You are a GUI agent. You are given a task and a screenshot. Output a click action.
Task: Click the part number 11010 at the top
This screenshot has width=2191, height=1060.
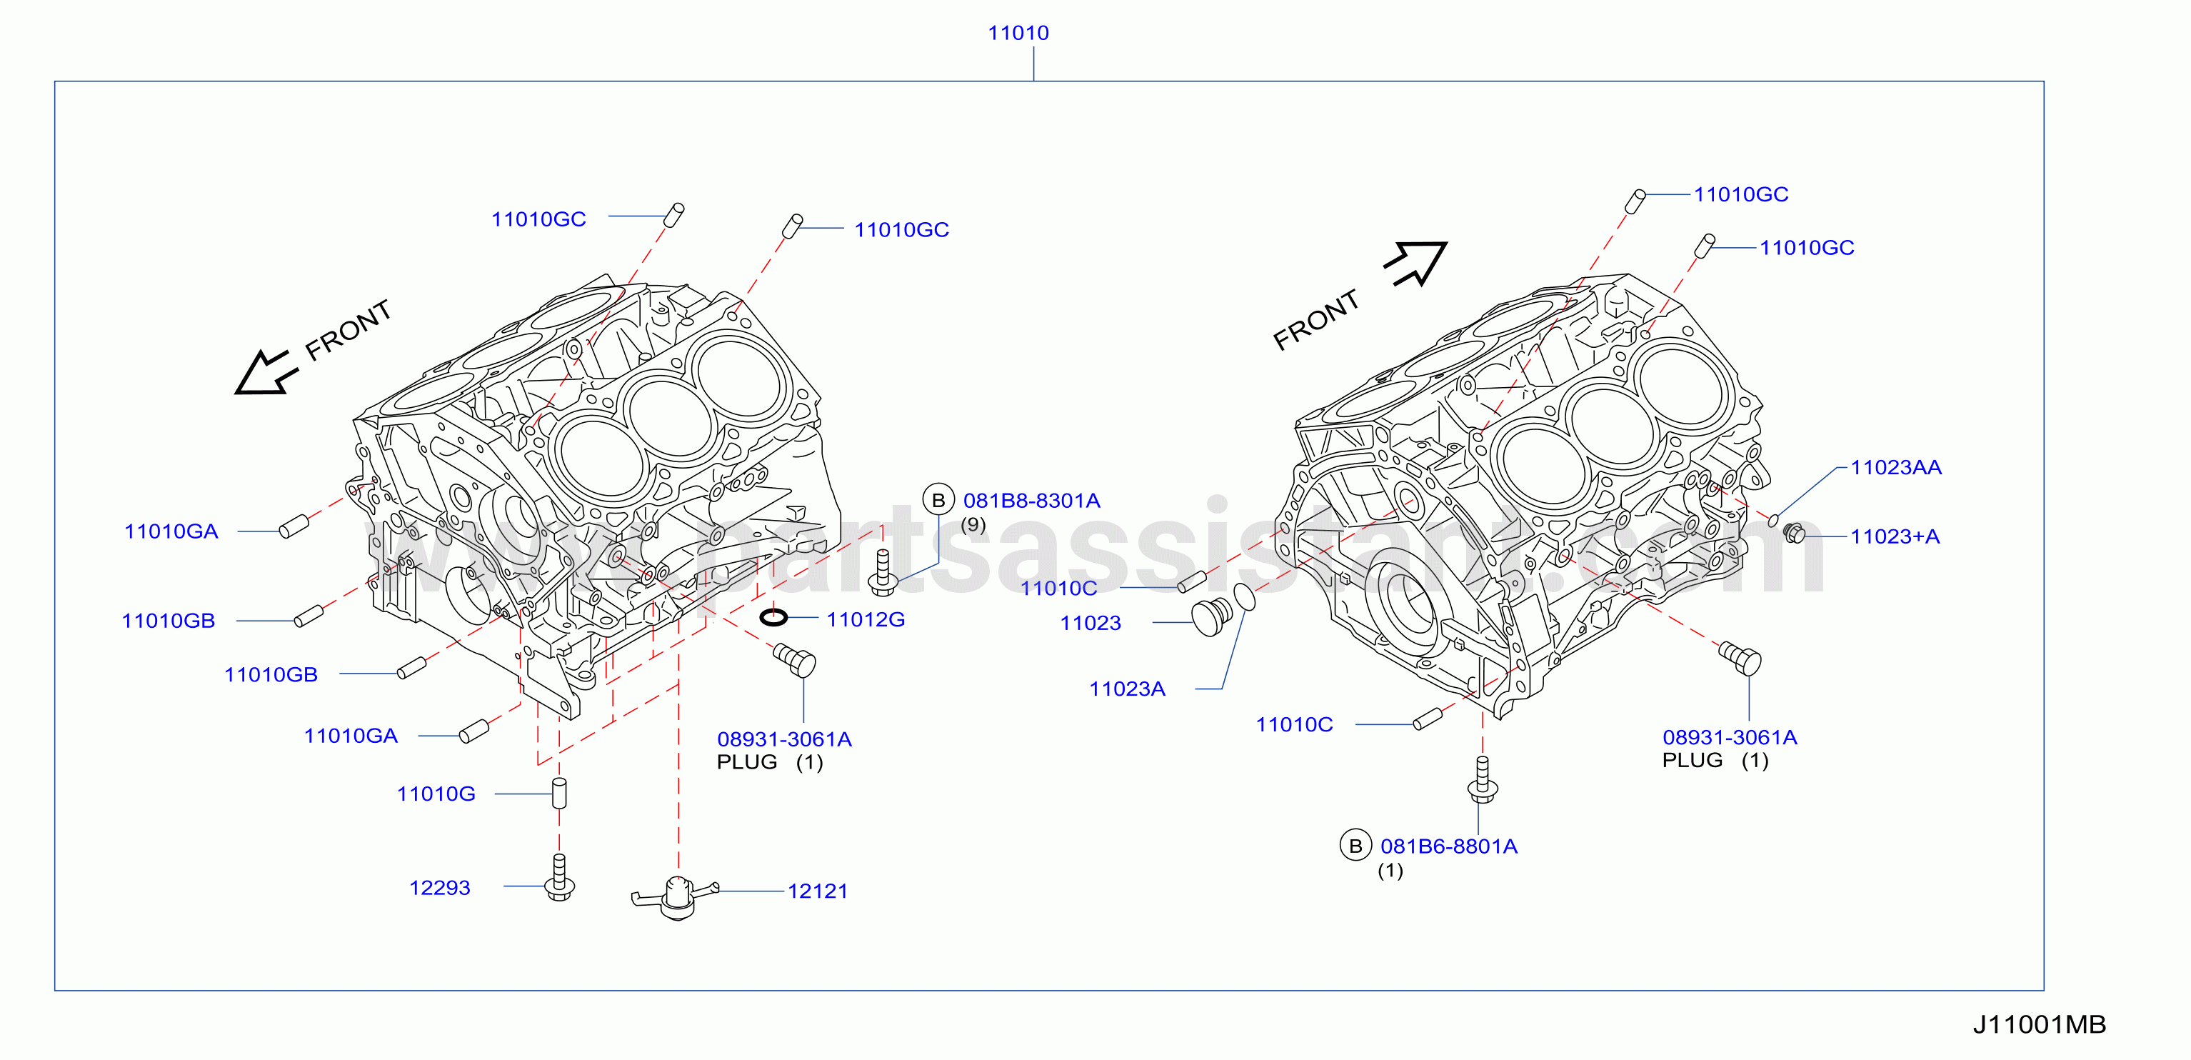1018,33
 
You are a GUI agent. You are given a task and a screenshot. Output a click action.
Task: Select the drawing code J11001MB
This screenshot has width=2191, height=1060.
2040,1024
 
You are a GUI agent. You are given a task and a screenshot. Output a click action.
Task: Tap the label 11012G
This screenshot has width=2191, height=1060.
866,619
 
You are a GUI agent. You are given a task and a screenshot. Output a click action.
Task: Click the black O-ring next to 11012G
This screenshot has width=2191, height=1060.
773,616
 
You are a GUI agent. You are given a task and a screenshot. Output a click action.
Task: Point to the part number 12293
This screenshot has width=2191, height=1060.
440,887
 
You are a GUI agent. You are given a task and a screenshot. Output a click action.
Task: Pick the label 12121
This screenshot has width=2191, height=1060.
818,891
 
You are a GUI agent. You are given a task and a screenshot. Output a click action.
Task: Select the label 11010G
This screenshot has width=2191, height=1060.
436,794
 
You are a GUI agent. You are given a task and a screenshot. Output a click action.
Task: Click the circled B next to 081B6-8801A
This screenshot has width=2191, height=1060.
1355,846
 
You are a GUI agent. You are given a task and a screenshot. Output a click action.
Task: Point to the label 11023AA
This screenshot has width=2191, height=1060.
1896,467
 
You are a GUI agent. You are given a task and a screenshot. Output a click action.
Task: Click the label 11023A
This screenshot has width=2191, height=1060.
1127,689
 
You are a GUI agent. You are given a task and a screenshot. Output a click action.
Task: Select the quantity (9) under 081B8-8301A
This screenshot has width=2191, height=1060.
973,525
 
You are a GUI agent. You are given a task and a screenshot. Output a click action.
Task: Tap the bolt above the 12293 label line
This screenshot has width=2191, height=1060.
558,877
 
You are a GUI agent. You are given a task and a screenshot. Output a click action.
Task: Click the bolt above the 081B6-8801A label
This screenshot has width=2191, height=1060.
1482,779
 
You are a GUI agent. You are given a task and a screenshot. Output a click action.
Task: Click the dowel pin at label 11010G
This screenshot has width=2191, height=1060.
558,793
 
